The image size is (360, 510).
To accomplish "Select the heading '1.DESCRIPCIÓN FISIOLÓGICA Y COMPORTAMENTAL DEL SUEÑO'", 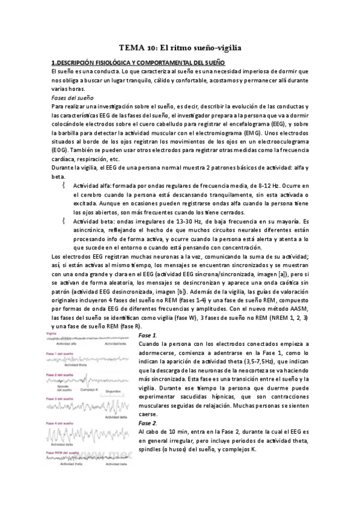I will [x=138, y=62].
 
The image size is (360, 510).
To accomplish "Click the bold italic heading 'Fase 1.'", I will [x=148, y=334].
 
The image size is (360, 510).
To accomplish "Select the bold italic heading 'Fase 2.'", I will [x=148, y=423].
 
